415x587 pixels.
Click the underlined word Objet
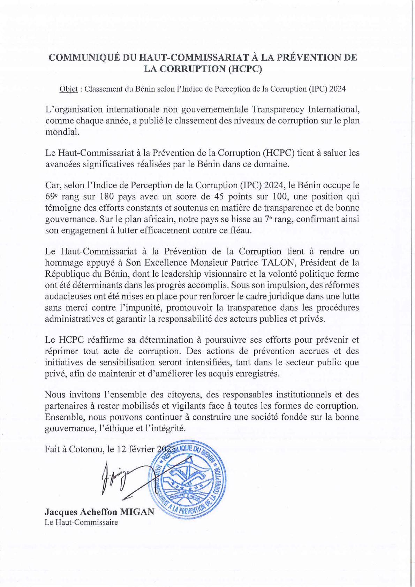pyautogui.click(x=68, y=89)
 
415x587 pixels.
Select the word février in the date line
pyautogui.click(x=142, y=449)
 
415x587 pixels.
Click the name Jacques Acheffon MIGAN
pyautogui.click(x=99, y=512)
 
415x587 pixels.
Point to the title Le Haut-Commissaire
pyautogui.click(x=81, y=522)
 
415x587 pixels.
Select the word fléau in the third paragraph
pyautogui.click(x=240, y=230)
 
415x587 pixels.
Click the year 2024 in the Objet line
pyautogui.click(x=338, y=89)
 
